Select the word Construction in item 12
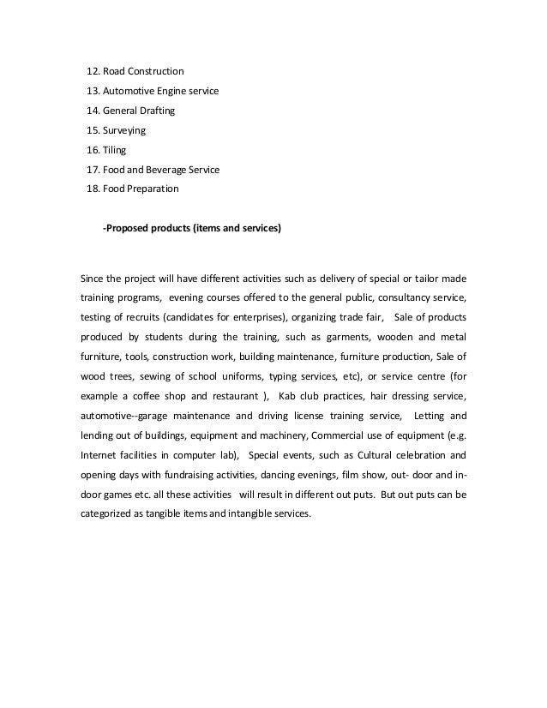pos(157,70)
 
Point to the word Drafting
pos(164,111)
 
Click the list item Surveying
pos(124,130)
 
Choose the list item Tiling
pos(114,150)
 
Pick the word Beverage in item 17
pos(170,170)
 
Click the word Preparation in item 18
pos(154,189)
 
